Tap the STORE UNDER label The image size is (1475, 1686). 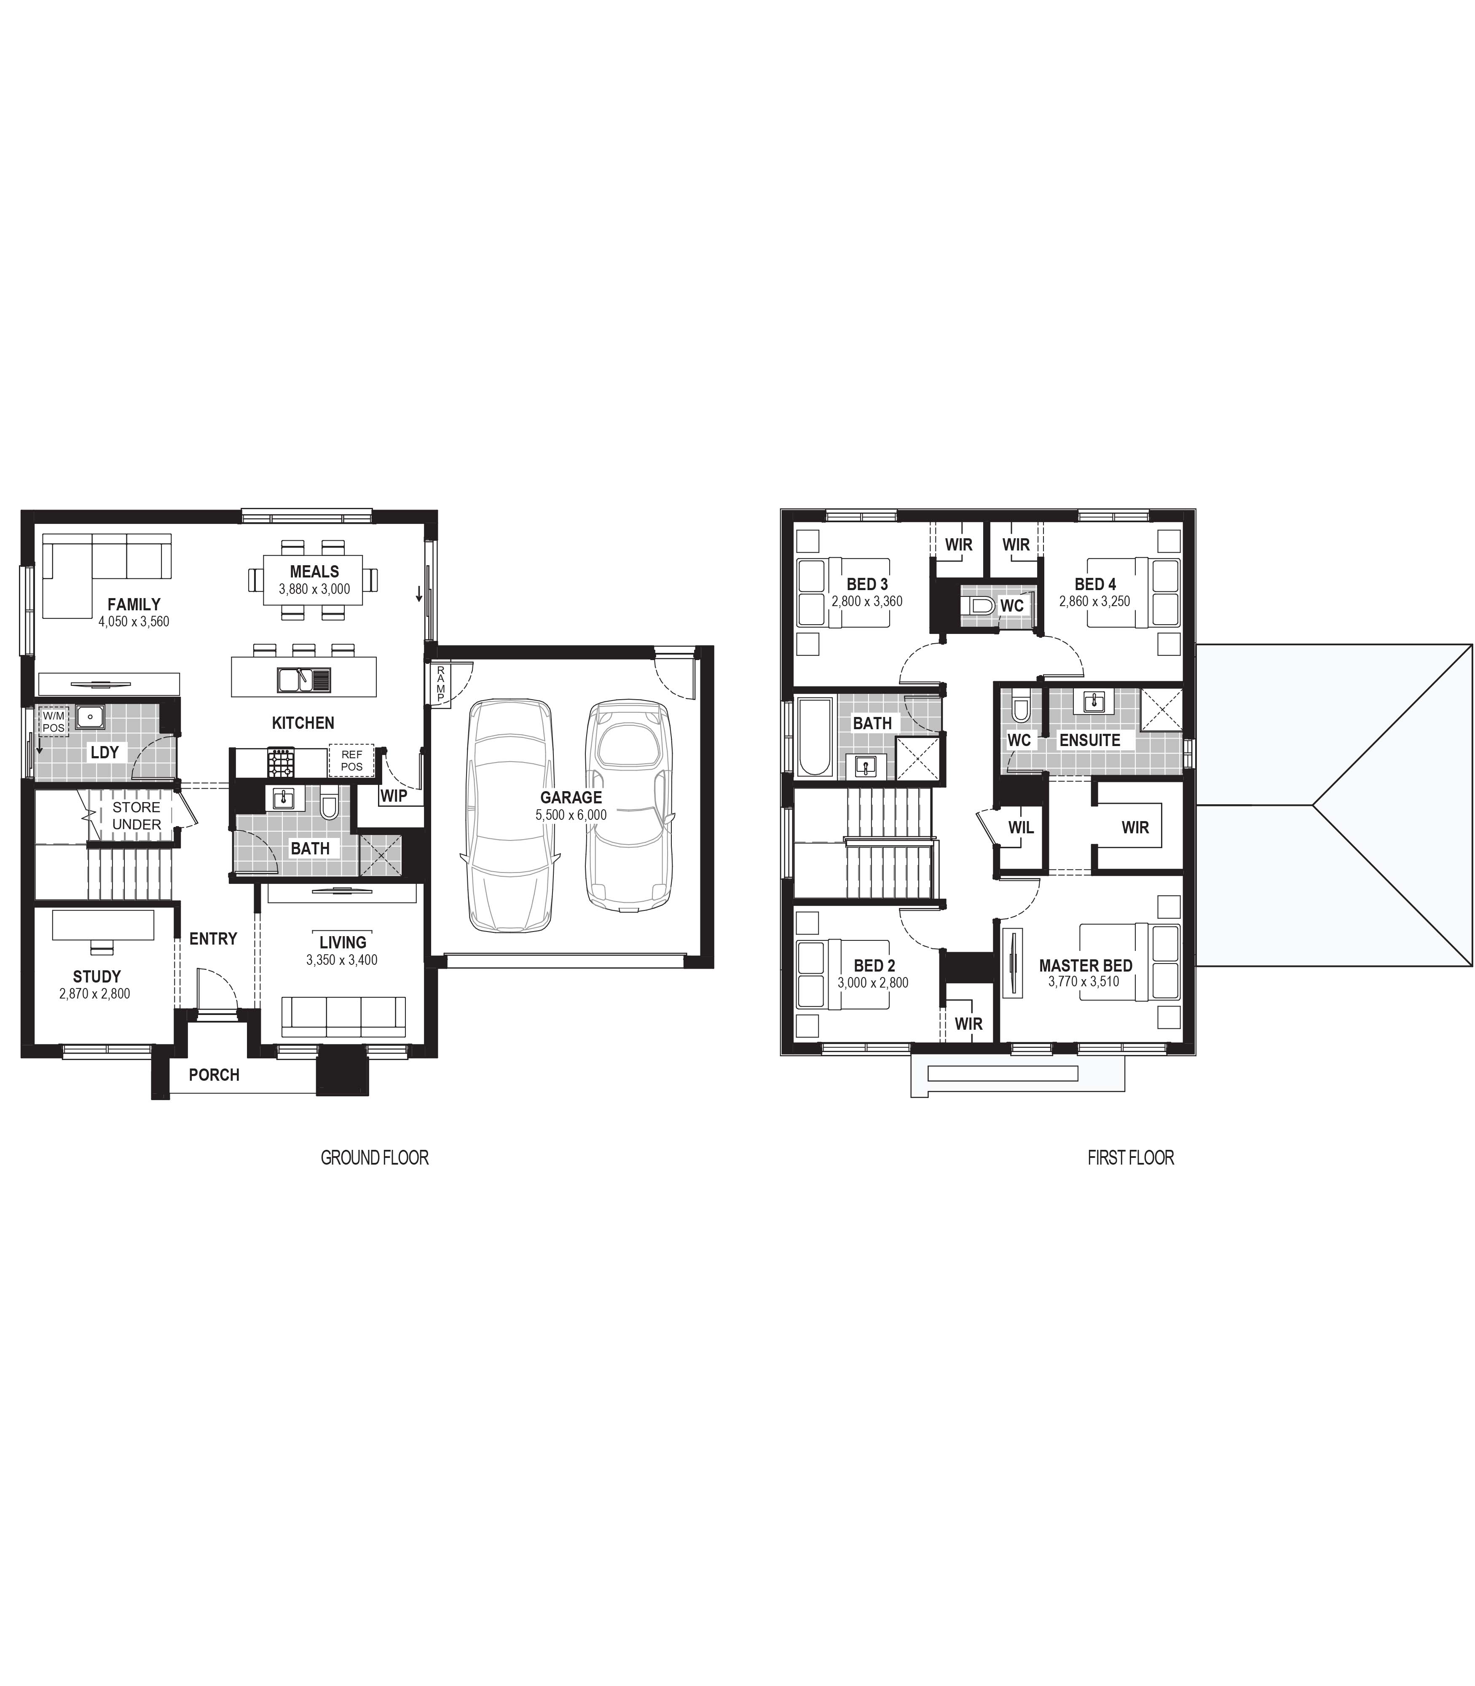pyautogui.click(x=137, y=816)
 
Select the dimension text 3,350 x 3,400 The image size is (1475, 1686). pyautogui.click(x=342, y=960)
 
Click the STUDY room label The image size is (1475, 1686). pyautogui.click(x=97, y=976)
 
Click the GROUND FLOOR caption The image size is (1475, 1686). pyautogui.click(x=375, y=1157)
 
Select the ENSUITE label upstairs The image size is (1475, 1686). pyautogui.click(x=1090, y=740)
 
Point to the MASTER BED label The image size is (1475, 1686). pyautogui.click(x=1086, y=966)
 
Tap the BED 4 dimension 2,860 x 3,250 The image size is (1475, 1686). pyautogui.click(x=1095, y=601)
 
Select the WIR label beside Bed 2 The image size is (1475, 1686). pyautogui.click(x=969, y=1023)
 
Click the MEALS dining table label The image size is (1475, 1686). pyautogui.click(x=314, y=571)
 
